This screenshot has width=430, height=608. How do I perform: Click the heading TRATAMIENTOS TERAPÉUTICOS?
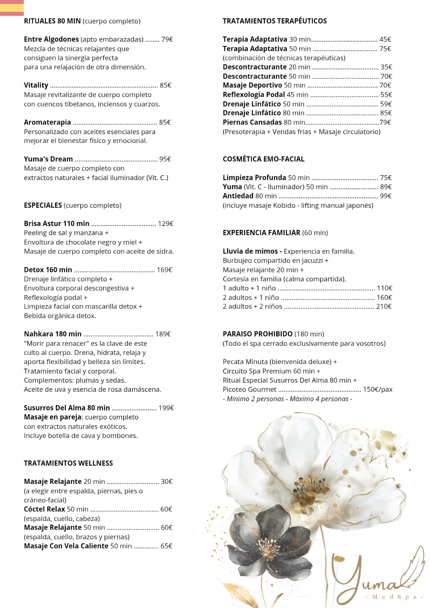point(275,21)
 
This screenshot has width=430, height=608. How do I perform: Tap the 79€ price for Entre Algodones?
point(167,40)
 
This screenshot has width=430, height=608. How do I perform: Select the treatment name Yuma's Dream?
point(48,159)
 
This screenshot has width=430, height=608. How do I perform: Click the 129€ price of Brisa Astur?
point(165,224)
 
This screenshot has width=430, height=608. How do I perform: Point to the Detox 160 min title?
point(48,270)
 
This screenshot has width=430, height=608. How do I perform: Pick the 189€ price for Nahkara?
point(163,334)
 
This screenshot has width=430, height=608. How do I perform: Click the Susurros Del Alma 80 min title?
point(67,408)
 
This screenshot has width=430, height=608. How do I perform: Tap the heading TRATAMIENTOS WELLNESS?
point(68,463)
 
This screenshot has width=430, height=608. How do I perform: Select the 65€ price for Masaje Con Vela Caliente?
point(167,546)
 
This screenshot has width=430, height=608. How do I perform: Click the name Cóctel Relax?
point(44,509)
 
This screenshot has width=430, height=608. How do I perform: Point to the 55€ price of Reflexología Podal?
point(386,95)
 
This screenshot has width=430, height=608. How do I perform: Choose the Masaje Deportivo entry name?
point(252,85)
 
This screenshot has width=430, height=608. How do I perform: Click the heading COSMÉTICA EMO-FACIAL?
point(263,159)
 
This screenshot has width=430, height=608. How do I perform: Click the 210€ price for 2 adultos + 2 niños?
point(384,307)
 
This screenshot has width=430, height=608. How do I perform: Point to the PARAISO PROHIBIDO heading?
point(257,334)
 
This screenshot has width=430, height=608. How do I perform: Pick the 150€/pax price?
point(378,389)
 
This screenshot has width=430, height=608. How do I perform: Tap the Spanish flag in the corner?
point(12,8)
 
